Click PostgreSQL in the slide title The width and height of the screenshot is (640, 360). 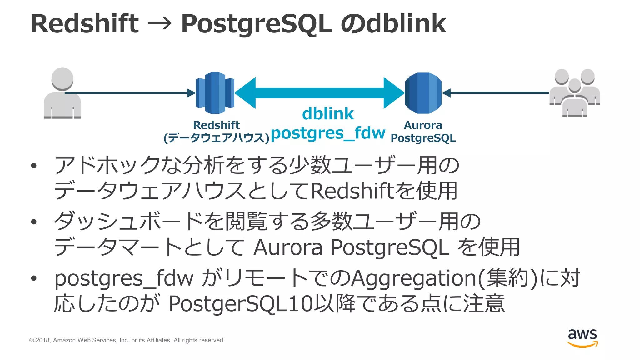point(256,24)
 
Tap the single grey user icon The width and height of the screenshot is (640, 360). point(62,93)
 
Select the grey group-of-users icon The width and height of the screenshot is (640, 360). point(574,93)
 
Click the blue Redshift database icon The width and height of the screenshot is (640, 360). point(215,93)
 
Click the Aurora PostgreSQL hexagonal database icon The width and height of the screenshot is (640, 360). point(423,93)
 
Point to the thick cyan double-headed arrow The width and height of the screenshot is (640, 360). point(319,93)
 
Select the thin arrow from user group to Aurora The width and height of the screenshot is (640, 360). point(497,93)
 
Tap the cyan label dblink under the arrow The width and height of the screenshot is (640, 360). point(328,114)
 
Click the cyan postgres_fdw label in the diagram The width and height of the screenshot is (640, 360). point(328,133)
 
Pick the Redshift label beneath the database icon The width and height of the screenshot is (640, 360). point(216,125)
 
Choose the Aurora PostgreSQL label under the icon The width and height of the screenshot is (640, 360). point(423,132)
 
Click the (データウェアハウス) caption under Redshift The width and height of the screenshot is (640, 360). point(216,138)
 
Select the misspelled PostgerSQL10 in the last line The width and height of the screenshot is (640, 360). point(241,303)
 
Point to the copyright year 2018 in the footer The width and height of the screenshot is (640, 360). point(43,340)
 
